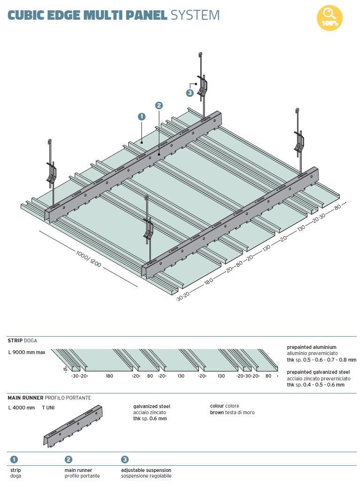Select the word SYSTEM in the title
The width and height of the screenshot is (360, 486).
tap(195, 15)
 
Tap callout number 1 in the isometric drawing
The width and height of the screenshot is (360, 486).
tap(141, 116)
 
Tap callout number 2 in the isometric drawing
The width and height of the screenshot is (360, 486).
tap(158, 106)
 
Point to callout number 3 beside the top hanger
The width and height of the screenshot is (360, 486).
tap(190, 93)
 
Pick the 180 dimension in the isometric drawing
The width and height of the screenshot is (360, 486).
tap(209, 282)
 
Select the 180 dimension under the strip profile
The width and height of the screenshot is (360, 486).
tap(110, 376)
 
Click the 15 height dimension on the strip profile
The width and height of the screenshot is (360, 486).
tap(65, 370)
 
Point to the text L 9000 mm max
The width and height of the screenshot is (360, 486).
tap(27, 352)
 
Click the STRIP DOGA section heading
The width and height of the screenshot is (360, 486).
tap(22, 340)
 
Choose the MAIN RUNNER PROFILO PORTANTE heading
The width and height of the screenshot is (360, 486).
tap(49, 398)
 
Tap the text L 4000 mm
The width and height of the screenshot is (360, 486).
tap(22, 408)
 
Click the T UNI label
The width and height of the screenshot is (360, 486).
tap(48, 408)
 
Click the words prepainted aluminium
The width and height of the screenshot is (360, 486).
tap(312, 347)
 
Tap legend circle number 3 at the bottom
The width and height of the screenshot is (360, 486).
tap(125, 460)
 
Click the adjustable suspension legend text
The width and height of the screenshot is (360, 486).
tap(146, 470)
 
